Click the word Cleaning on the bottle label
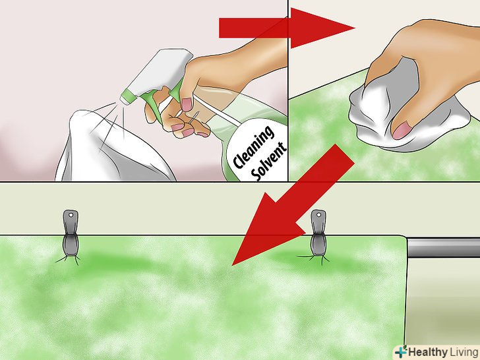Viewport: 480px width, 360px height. [253, 147]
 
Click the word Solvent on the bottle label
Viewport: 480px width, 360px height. [268, 162]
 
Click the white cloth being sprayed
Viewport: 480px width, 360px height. [110, 147]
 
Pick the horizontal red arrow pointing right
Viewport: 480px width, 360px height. [287, 28]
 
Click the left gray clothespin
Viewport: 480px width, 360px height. [71, 235]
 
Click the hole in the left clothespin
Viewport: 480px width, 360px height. [71, 215]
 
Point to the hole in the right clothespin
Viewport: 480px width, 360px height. [319, 215]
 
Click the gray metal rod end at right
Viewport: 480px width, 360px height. [443, 247]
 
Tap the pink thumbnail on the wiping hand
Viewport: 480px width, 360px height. [402, 130]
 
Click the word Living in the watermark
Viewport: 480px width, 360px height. [464, 352]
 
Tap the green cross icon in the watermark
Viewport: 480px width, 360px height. [402, 351]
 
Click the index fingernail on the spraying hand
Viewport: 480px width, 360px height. [187, 104]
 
